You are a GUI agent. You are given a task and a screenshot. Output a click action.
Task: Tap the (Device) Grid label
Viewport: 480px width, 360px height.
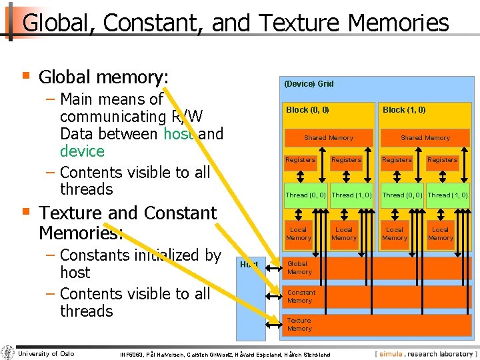pyautogui.click(x=309, y=84)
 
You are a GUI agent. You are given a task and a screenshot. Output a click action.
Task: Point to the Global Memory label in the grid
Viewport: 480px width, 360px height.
pyautogui.click(x=299, y=268)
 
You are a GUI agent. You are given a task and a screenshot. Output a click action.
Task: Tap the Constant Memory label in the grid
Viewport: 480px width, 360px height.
pyautogui.click(x=301, y=297)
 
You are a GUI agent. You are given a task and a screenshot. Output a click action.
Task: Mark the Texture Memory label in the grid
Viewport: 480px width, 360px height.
pyautogui.click(x=299, y=325)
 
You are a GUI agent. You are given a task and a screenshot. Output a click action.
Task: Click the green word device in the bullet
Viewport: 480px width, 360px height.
pyautogui.click(x=82, y=151)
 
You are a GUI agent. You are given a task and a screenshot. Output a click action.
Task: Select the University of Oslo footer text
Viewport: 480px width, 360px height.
pyautogui.click(x=45, y=353)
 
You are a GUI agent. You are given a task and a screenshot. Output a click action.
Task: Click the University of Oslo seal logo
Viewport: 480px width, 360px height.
pyautogui.click(x=8, y=353)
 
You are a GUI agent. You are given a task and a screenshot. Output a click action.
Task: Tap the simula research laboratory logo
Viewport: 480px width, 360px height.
pyautogui.click(x=425, y=353)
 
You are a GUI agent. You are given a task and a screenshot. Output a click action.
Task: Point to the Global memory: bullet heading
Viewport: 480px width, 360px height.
pyautogui.click(x=103, y=77)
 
